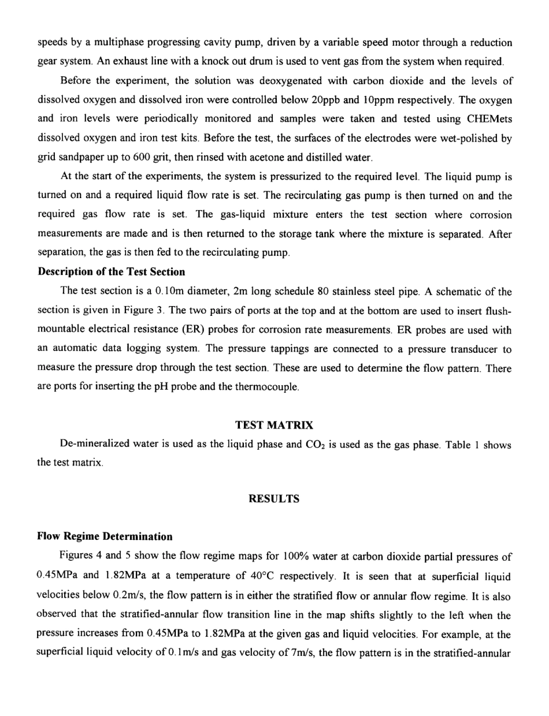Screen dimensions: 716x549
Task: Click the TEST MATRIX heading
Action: (x=274, y=425)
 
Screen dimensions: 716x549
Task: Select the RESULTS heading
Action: (x=274, y=499)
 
